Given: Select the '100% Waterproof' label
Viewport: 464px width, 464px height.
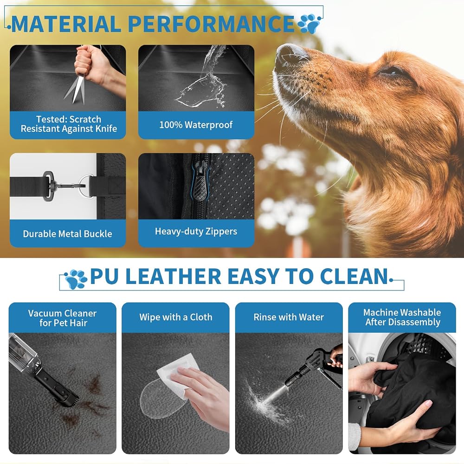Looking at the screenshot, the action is tap(196, 125).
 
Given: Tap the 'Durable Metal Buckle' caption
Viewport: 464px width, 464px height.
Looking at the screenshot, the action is tap(67, 234).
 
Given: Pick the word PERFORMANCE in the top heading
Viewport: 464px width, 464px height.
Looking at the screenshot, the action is tap(211, 24).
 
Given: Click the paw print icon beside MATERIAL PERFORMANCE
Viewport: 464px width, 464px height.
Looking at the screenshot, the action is tap(309, 24).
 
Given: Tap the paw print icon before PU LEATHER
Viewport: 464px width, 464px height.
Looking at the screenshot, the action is tap(76, 279).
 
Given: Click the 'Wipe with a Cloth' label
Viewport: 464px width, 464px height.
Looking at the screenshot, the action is tap(176, 317).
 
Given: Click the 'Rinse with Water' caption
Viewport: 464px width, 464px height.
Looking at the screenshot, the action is tap(289, 317).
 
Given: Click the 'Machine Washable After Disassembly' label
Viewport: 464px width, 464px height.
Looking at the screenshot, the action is tap(402, 317).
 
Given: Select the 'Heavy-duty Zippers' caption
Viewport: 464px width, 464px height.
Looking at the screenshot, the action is tap(196, 231).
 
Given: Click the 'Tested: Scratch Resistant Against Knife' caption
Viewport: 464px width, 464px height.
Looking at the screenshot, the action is tap(69, 124).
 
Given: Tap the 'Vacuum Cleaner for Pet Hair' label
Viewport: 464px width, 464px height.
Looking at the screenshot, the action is tap(63, 318).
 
